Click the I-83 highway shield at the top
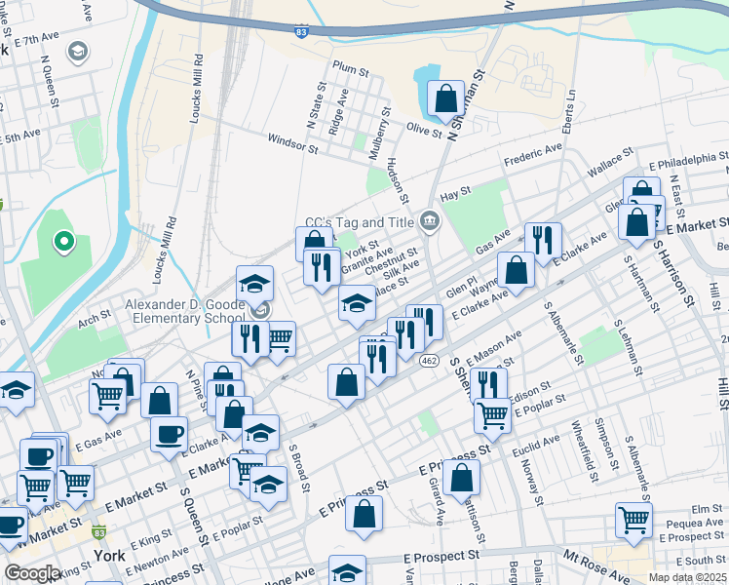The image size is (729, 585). tap(302, 32)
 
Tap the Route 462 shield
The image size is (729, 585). tap(428, 361)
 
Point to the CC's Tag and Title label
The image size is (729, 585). tap(360, 222)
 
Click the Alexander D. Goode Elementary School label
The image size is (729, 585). tap(185, 311)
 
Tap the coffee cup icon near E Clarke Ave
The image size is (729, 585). tap(169, 434)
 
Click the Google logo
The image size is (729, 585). tap(32, 573)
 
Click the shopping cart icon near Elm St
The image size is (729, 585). tap(633, 520)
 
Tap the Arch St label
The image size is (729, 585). tap(96, 318)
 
